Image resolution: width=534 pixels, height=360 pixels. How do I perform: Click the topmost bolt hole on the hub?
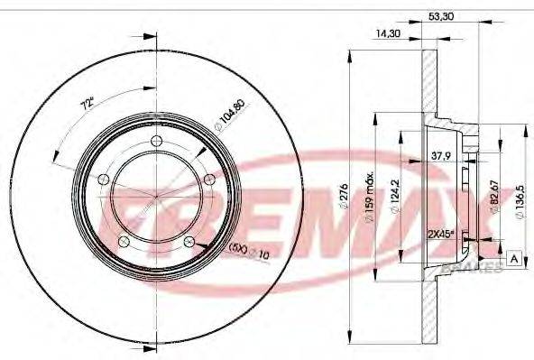coord(156,140)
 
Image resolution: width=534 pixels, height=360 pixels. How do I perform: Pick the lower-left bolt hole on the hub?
coord(122,242)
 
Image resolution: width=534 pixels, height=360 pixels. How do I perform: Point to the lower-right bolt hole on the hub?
coord(189,242)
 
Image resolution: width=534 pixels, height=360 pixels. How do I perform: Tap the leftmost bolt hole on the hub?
coord(101,179)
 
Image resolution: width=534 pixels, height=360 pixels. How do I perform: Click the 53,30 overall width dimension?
coord(439,15)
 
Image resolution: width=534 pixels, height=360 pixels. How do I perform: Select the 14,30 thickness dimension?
coord(390,35)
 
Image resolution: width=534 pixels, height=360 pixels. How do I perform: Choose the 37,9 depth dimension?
coord(443,154)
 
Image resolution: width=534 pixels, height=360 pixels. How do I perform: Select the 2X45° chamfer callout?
coord(438,234)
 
